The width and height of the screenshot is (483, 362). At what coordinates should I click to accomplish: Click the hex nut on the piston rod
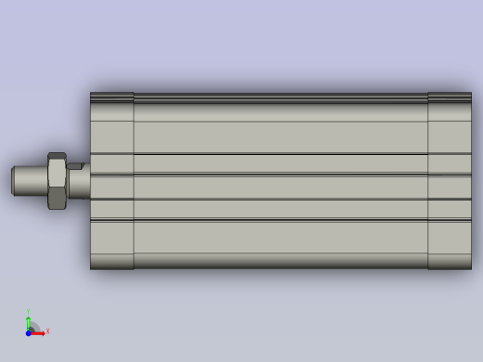coord(57,181)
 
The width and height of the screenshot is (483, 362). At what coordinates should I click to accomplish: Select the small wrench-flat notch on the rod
coord(75,167)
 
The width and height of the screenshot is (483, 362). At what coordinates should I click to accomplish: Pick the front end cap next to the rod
coord(111,181)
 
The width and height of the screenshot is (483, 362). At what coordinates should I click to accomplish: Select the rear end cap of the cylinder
coord(450,181)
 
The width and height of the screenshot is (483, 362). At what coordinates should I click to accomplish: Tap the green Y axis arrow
coord(28,321)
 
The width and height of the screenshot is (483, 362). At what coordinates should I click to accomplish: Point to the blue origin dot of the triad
coord(28,331)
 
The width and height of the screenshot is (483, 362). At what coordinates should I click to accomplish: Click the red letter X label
coord(47,330)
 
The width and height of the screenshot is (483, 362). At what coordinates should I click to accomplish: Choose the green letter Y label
coord(28,312)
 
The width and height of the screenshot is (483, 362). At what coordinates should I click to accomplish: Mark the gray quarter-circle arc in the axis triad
coord(34,326)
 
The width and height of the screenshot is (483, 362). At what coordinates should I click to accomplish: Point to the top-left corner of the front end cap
coord(91,94)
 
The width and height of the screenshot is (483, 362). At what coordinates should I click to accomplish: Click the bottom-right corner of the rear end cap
coord(470,268)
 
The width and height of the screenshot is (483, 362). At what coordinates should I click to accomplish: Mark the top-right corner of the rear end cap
coord(470,93)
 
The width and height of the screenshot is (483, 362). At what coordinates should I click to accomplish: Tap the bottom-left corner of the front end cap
coord(91,268)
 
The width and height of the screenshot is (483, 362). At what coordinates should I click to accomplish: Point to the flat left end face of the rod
coord(12,180)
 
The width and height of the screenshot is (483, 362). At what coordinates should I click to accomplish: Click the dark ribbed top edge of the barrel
coord(279,97)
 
